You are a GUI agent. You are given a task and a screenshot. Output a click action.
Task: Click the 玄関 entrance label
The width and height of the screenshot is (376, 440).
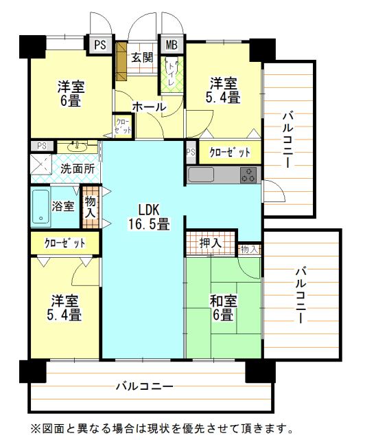click(x=142, y=57)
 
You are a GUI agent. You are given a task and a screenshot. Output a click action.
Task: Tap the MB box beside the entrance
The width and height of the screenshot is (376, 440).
click(x=172, y=45)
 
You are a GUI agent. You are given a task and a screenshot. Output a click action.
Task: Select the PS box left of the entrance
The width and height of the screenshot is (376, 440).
click(x=100, y=45)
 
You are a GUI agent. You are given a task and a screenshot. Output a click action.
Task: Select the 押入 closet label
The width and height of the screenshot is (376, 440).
click(x=210, y=243)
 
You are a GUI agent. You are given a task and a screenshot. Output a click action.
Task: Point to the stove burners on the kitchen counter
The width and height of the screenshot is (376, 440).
click(x=248, y=175)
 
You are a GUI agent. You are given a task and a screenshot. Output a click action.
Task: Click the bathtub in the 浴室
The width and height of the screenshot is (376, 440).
click(x=40, y=207)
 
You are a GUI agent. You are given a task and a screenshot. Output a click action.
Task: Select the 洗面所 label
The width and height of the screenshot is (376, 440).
click(x=77, y=168)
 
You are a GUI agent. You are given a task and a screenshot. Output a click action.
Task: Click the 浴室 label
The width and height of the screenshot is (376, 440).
click(x=64, y=206)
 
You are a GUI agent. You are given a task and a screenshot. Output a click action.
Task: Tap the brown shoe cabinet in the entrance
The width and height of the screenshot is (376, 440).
click(x=121, y=60)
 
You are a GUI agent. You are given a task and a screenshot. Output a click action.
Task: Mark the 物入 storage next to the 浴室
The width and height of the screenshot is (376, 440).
click(x=90, y=207)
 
